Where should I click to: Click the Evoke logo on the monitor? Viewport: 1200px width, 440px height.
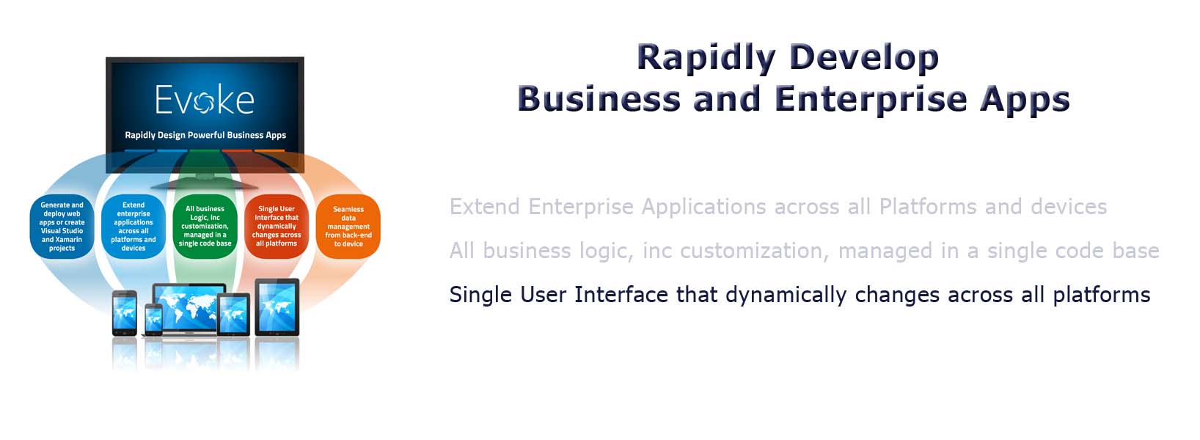click(x=205, y=100)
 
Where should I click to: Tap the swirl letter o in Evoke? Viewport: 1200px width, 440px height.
click(x=204, y=103)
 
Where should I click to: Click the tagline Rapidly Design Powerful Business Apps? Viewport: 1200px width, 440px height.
click(x=205, y=135)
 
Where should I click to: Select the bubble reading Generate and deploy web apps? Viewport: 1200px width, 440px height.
click(x=62, y=227)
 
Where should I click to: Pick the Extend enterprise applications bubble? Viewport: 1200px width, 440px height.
click(x=133, y=227)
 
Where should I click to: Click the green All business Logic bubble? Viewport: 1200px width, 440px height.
click(x=205, y=227)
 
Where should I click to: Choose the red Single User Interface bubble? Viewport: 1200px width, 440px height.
click(x=277, y=227)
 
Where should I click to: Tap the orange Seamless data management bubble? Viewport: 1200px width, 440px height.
click(x=348, y=227)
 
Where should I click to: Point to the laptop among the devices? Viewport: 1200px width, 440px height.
click(x=188, y=308)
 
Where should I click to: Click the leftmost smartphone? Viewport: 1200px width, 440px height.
click(x=124, y=313)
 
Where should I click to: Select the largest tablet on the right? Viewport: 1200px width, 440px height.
click(x=277, y=307)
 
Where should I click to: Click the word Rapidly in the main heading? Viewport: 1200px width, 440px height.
click(x=706, y=57)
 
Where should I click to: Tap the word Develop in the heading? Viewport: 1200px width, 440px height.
click(x=864, y=57)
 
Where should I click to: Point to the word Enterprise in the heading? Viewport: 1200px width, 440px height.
click(x=871, y=100)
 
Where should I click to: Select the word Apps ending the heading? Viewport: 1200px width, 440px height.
click(x=1025, y=100)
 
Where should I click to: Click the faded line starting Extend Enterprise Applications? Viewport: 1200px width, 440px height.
click(x=778, y=207)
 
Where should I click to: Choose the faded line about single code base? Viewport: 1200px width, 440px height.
click(x=804, y=251)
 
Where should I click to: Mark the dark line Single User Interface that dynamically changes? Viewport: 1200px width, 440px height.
click(x=800, y=294)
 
